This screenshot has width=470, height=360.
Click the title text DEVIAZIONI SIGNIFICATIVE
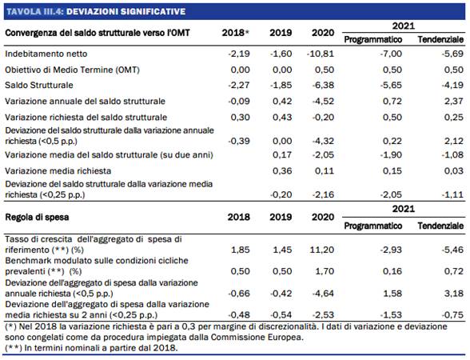point(126,12)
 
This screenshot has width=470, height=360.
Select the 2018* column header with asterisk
point(236,33)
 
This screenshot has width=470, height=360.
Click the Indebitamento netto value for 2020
point(321,54)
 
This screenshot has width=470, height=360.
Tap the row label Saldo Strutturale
point(39,85)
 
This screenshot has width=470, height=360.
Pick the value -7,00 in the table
point(391,54)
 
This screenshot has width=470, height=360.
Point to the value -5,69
point(452,54)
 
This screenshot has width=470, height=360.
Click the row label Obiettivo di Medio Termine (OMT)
point(72,70)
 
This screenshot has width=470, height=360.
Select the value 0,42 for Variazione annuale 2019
point(282,101)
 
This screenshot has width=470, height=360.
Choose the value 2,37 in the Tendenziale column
point(454,101)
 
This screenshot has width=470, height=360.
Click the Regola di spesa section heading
point(37,217)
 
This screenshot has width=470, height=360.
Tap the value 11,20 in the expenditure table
point(322,250)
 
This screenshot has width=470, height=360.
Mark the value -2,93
point(391,250)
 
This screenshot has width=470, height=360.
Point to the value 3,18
point(454,293)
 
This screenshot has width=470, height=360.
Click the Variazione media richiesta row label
point(58,171)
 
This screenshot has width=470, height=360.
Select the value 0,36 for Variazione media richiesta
point(282,171)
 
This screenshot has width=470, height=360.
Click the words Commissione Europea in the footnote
point(256,338)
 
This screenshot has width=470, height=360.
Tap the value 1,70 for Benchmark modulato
point(325,271)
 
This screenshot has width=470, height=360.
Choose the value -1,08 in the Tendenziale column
point(452,155)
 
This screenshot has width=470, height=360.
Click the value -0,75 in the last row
point(452,314)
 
